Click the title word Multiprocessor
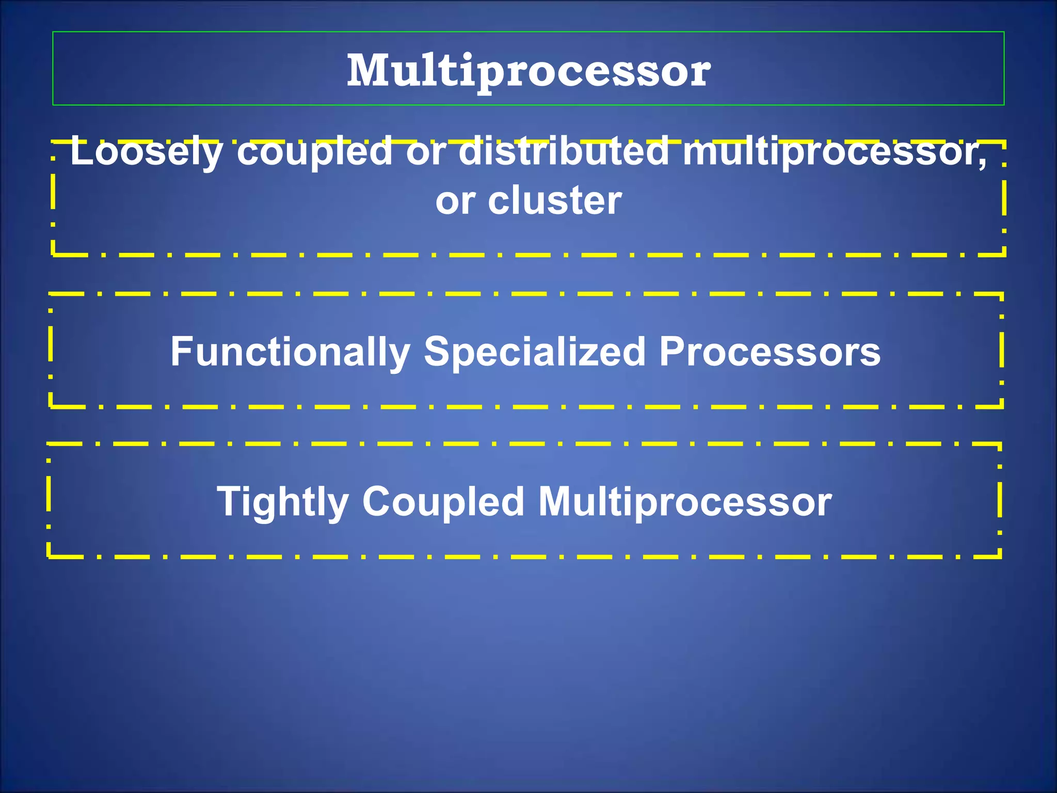click(x=528, y=71)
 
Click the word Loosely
click(x=147, y=152)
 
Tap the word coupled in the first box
click(x=315, y=152)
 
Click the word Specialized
click(x=535, y=352)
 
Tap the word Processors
click(x=770, y=352)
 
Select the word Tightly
click(x=283, y=502)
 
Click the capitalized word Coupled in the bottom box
click(x=443, y=501)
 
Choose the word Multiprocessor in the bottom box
click(x=685, y=502)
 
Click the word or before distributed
click(x=426, y=152)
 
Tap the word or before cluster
click(x=455, y=201)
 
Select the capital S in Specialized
click(x=436, y=352)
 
